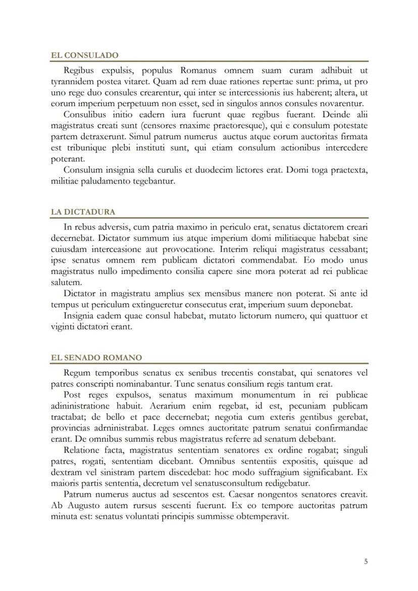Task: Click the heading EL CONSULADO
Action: point(85,55)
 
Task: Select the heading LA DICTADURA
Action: point(83,212)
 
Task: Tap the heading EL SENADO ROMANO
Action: point(96,357)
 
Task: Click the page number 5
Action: point(366,561)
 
